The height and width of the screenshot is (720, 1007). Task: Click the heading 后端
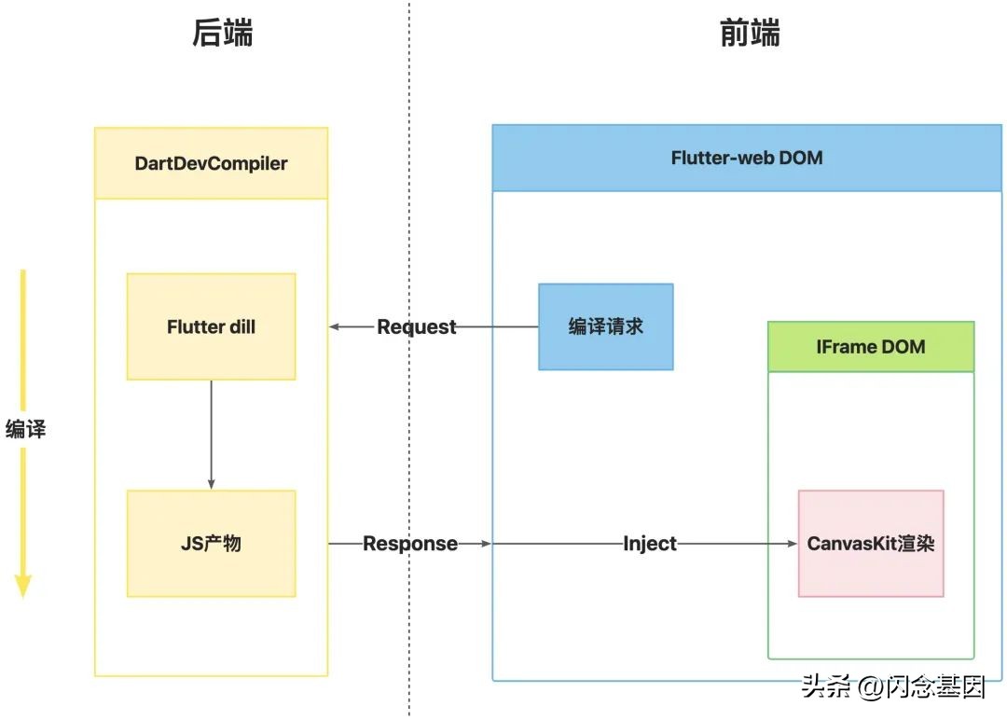coord(222,33)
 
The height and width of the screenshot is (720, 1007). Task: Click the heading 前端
coord(750,33)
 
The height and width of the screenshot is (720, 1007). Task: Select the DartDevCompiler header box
coord(212,163)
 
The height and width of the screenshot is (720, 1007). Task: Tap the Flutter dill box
coord(211,326)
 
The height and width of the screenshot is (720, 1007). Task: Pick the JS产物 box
coord(211,543)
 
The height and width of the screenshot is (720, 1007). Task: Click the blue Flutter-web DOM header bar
coord(747,158)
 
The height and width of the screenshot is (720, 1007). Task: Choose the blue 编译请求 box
coord(605,326)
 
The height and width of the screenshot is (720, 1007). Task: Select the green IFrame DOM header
coord(871,347)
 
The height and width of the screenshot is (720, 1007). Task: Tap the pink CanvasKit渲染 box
coord(871,543)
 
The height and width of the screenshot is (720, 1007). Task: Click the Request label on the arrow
coord(417,326)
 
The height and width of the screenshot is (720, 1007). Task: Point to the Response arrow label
coord(410,543)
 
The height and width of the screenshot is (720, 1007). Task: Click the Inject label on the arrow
coord(650,543)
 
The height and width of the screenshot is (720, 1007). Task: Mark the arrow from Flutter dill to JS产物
coord(212,434)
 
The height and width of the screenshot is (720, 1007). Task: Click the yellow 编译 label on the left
coord(25,429)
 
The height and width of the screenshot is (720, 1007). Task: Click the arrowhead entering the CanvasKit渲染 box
coord(792,543)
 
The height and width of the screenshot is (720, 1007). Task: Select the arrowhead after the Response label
coord(485,543)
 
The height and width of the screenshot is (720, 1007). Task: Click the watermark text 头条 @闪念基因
coord(892,687)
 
